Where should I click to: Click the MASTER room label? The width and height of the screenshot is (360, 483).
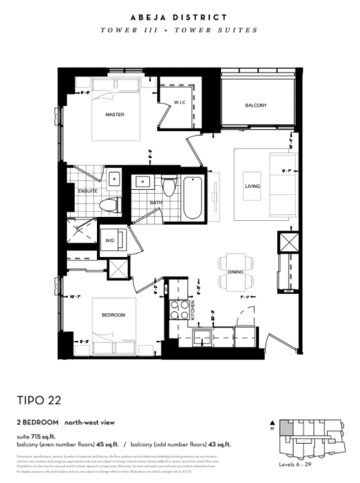114,115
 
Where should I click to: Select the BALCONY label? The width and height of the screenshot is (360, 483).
256,105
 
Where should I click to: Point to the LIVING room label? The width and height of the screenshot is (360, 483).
252,187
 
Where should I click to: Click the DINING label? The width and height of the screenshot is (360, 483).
235,272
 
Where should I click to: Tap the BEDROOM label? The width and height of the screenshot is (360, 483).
113,315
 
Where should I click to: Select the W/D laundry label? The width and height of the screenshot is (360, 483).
110,241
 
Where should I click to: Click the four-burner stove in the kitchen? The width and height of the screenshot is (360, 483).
178,310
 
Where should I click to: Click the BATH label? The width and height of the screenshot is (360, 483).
156,203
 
